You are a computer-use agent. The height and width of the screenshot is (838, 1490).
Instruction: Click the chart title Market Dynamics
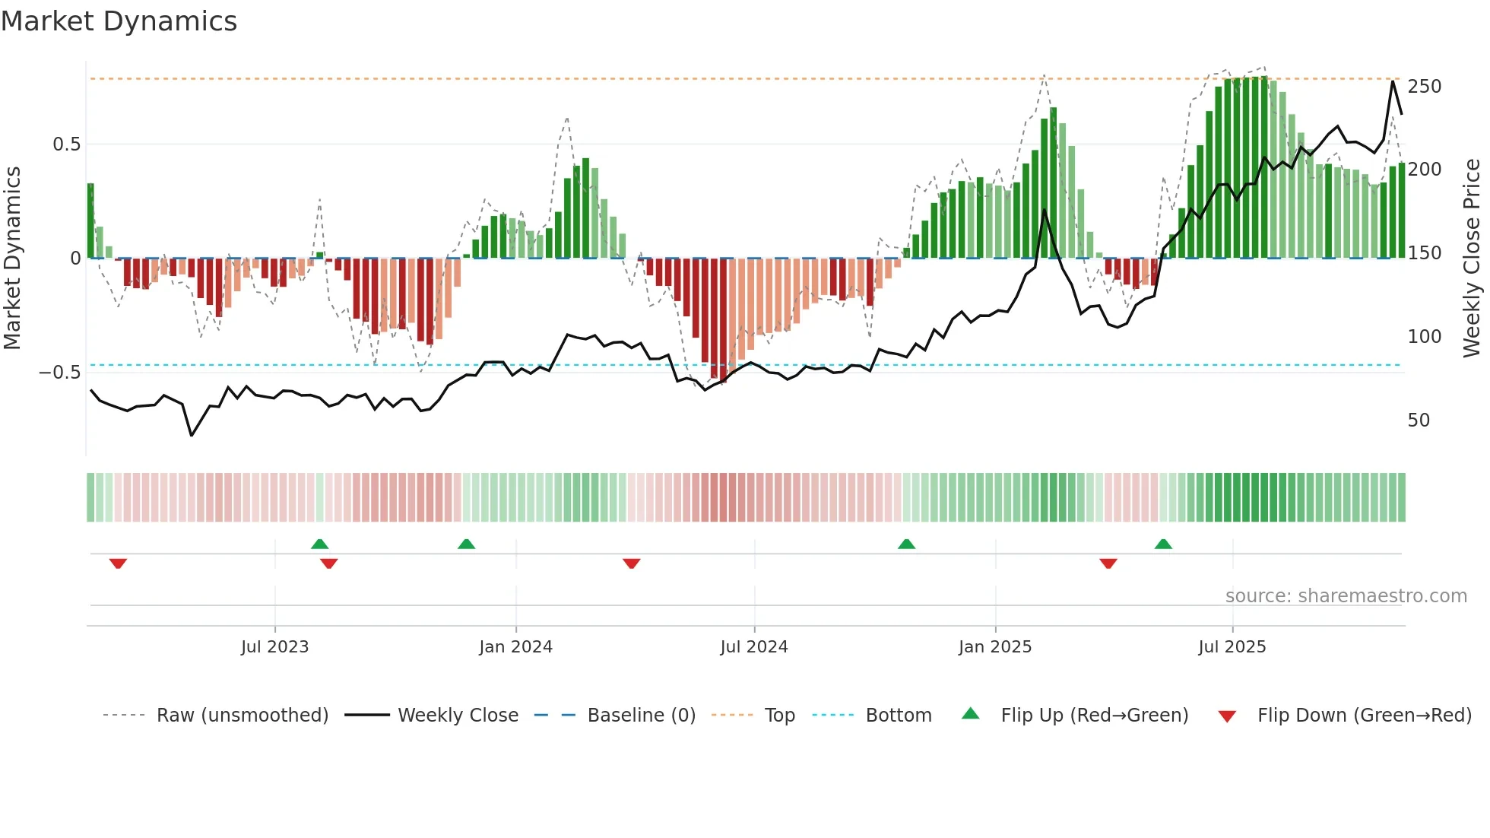[x=119, y=21]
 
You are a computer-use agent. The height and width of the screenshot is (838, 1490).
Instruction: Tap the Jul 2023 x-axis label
[x=274, y=647]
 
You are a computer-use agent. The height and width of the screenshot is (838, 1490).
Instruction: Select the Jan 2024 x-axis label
[x=515, y=647]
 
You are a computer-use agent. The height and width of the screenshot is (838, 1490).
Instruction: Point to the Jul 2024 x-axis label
[x=753, y=647]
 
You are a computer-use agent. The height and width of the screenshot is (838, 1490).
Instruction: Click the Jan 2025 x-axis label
[x=994, y=647]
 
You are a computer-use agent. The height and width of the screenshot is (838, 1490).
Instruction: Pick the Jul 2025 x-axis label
[x=1232, y=647]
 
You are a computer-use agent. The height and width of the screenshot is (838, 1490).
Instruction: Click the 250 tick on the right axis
[x=1424, y=87]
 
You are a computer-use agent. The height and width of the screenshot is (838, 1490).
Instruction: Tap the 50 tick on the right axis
[x=1419, y=421]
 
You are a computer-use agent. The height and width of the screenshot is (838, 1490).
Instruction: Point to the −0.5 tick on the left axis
[x=60, y=373]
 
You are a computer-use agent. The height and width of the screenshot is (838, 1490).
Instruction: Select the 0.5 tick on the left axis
[x=66, y=144]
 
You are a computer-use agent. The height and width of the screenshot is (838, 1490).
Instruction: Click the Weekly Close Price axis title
[x=1472, y=259]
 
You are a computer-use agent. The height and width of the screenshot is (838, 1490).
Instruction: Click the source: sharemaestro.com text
[x=1346, y=596]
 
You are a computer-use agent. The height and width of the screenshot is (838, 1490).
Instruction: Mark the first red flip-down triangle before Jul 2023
[x=118, y=563]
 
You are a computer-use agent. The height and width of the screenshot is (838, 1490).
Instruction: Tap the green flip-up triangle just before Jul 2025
[x=1163, y=544]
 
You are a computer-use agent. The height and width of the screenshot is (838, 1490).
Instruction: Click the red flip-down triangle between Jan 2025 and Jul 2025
[x=1108, y=563]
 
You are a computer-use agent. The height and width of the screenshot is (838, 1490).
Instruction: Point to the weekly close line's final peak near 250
[x=1393, y=81]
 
